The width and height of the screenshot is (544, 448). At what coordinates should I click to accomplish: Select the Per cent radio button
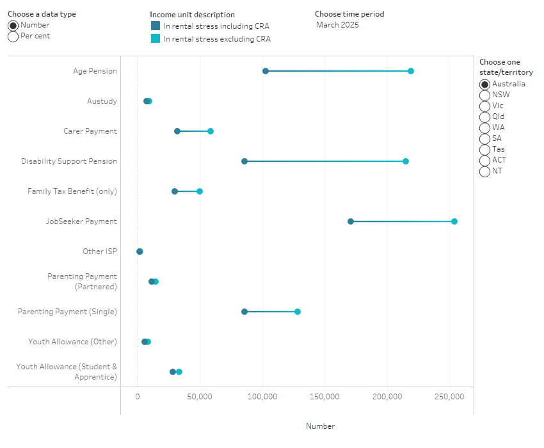coord(13,36)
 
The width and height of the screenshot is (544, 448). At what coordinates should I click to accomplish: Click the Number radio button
coord(13,26)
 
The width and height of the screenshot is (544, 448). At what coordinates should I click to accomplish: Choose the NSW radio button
coord(485,95)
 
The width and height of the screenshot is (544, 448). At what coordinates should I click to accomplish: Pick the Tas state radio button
coord(485,149)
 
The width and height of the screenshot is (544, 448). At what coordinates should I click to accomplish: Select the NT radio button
coord(485,171)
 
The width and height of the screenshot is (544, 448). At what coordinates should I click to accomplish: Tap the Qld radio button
coord(485,116)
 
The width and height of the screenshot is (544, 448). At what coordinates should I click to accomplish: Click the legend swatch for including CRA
coord(156,26)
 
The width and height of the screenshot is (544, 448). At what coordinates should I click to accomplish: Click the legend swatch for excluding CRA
coord(156,39)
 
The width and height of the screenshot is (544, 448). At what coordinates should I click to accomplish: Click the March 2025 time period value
coord(337,25)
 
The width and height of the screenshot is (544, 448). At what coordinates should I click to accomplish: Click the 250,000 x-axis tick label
coord(449,397)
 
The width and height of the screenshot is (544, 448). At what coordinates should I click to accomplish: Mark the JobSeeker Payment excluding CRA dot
coord(454,221)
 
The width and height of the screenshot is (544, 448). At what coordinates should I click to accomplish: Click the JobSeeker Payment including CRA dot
coord(351,221)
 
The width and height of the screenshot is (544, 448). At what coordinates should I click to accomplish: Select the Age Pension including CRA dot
coord(266,71)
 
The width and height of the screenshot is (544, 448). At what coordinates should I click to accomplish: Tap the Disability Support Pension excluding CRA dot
coord(406,161)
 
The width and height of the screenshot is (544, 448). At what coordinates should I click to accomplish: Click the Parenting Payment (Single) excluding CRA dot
coord(298,312)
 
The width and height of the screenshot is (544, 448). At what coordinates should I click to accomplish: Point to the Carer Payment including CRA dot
coord(177,131)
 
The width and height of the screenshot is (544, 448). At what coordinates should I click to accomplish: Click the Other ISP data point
coord(140,252)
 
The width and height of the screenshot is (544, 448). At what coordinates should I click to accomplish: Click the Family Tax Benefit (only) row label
coord(72,191)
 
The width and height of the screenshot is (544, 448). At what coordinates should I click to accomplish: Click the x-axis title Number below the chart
coord(320,426)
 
